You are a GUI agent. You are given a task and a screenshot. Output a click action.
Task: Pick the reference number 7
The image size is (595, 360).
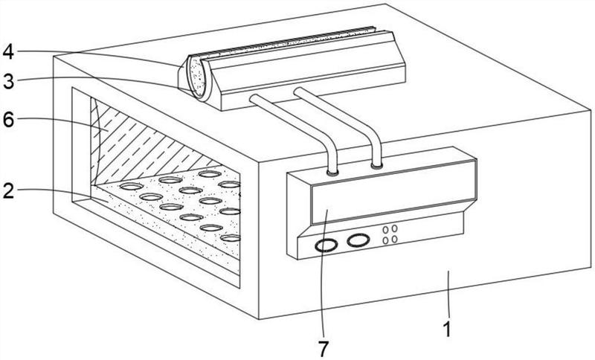click(x=324, y=347)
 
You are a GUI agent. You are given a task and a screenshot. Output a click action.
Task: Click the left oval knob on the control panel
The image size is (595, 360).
click(x=325, y=246)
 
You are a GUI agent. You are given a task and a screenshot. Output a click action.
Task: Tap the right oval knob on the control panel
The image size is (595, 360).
click(x=358, y=240)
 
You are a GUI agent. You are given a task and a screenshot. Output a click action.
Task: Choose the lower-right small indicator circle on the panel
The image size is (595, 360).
click(x=394, y=240)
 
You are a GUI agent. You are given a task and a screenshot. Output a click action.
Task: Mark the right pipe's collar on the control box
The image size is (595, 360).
click(x=376, y=164)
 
